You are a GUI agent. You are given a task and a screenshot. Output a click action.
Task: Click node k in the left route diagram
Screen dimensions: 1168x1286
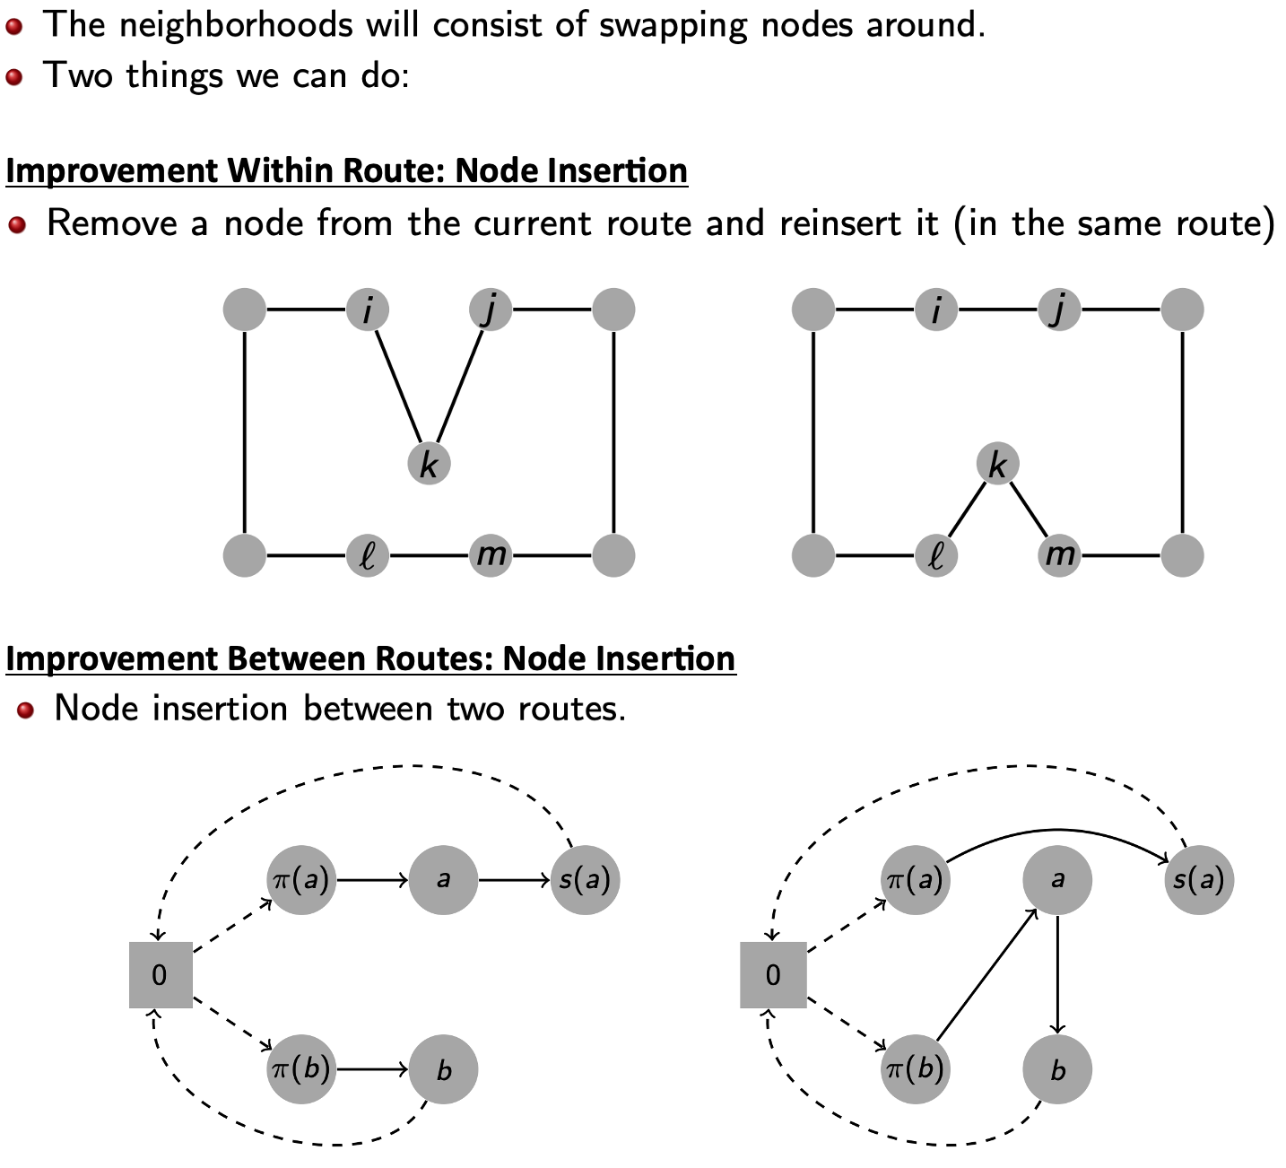429,465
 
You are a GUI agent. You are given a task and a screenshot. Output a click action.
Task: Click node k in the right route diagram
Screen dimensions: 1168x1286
997,465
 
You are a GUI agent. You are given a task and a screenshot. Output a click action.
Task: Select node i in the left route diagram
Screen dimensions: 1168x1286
368,310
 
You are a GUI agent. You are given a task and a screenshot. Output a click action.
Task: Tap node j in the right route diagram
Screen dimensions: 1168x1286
1059,310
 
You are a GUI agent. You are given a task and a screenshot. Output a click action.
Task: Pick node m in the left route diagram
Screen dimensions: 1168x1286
491,555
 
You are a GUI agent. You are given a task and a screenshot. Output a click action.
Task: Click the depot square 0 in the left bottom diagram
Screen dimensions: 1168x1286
161,975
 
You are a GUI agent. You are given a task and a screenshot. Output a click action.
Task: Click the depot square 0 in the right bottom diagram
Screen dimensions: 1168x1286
773,975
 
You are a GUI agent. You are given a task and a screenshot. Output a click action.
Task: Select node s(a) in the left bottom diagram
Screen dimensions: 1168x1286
585,880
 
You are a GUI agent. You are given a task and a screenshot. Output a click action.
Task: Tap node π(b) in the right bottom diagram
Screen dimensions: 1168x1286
915,1069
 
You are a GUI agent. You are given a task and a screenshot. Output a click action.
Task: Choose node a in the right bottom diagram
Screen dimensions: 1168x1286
1057,880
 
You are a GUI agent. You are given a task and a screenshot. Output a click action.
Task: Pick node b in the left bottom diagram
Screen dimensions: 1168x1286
443,1069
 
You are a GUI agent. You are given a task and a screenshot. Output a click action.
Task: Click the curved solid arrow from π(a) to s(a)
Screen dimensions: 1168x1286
1058,830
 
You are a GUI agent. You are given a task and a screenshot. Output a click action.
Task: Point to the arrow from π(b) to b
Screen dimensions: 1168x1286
372,1069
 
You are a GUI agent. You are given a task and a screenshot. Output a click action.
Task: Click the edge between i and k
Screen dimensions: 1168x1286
397,386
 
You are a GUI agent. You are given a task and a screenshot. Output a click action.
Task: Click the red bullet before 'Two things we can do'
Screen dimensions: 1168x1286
13,76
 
